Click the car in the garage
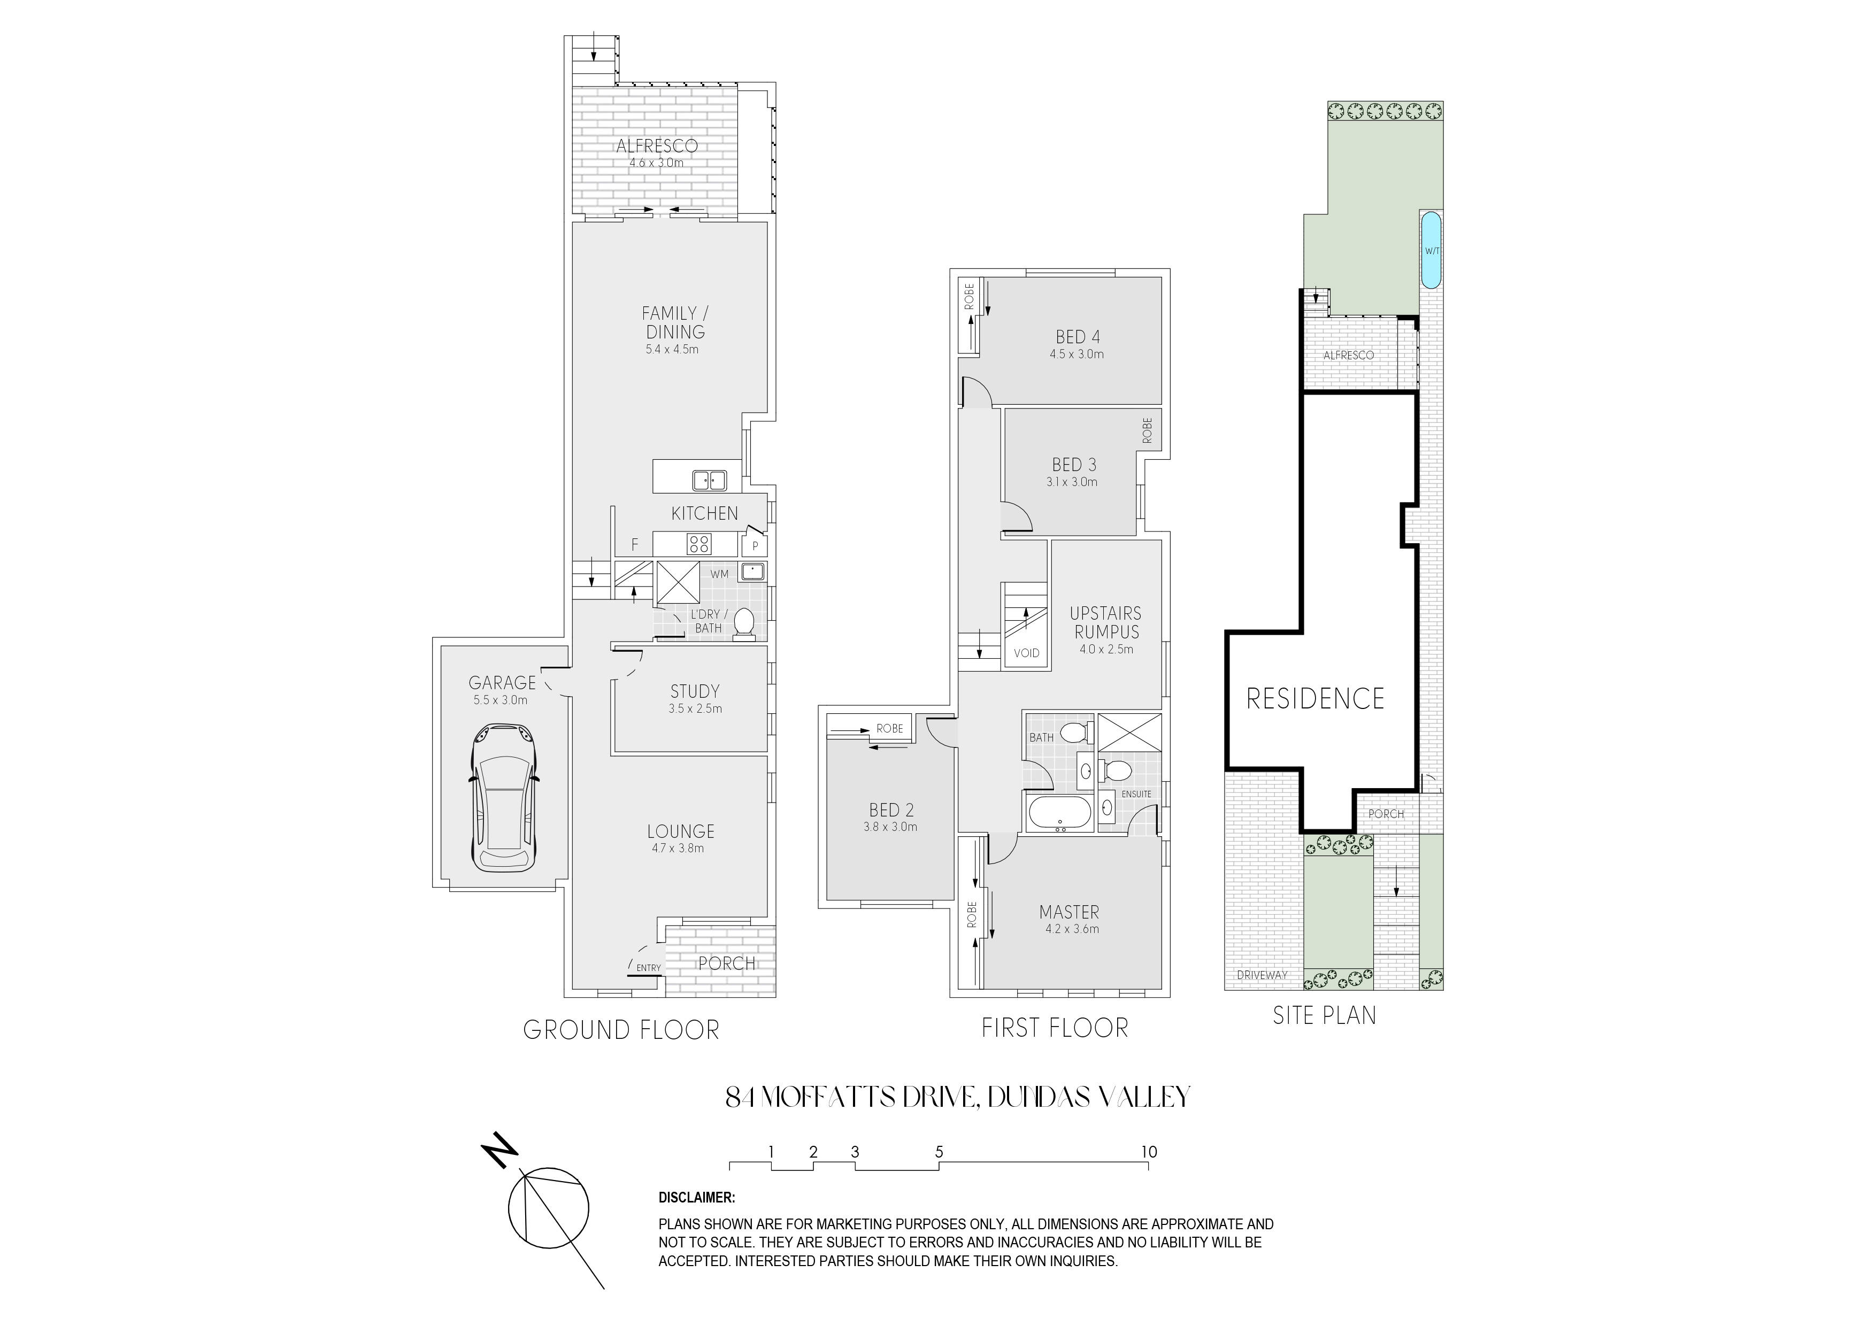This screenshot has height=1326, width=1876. coord(503,797)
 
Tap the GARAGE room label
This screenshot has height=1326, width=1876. coord(502,682)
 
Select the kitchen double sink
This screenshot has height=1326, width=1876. coord(709,480)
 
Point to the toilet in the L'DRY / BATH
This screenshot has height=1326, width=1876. coord(743,622)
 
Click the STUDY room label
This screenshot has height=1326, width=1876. coord(695,691)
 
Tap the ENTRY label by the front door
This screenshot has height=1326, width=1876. coord(649,968)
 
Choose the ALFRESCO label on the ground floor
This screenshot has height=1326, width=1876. coord(657,147)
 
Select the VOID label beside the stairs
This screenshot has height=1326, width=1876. coord(1026,653)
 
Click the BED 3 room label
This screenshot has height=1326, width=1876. coord(1074,465)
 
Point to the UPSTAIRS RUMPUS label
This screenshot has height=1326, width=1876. coord(1105,622)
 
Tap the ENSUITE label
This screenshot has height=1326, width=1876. coord(1136,794)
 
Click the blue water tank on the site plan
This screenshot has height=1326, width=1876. coord(1431,250)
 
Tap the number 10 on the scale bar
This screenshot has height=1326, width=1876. coord(1149,1152)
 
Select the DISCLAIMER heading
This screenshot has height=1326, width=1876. coord(697,1198)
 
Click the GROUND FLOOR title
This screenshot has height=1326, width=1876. coord(621,1030)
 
